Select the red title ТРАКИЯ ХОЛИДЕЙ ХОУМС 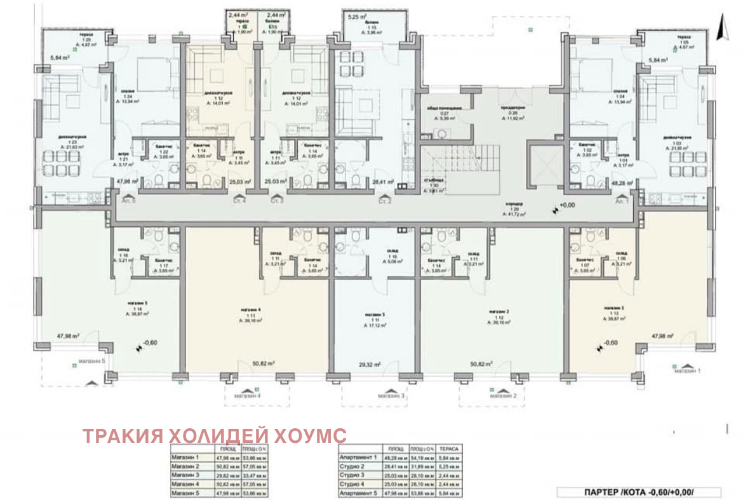(215, 436)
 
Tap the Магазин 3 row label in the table (185, 475)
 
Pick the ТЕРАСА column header (449, 448)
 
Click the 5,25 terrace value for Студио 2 (449, 466)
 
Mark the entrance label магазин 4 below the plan (250, 395)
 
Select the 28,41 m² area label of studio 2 (382, 182)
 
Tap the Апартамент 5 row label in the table (358, 492)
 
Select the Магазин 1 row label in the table (185, 457)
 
